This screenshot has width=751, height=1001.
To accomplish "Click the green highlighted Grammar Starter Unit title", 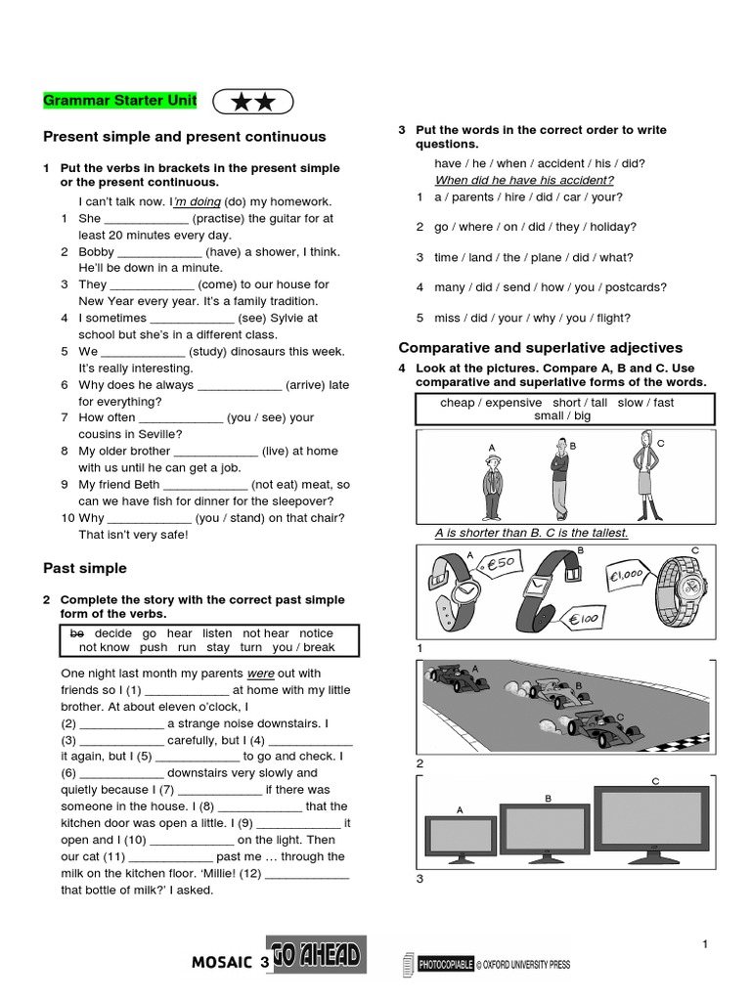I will click(x=120, y=101).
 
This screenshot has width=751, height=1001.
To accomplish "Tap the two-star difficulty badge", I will click(x=252, y=101).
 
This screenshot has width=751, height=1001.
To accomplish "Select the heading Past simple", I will click(x=85, y=568).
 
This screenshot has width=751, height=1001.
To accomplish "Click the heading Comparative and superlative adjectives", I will click(x=541, y=348).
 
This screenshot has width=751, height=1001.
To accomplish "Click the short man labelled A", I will click(x=491, y=486).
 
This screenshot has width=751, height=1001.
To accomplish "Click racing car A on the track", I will click(x=456, y=675).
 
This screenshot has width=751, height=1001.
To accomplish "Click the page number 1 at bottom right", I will click(x=703, y=943).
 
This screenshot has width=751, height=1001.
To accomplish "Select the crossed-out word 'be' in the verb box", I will click(x=77, y=633).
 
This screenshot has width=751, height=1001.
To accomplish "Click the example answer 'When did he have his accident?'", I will click(x=524, y=180).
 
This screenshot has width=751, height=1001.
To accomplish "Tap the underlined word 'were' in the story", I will click(x=260, y=674).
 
